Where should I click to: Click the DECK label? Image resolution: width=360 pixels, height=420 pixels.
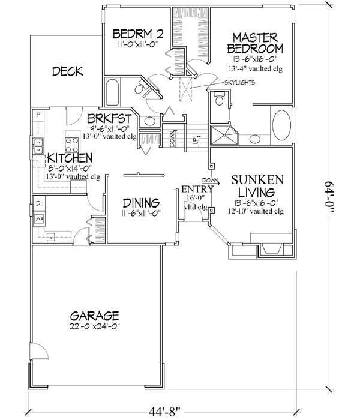67,72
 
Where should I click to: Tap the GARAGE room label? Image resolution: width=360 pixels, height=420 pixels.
94,316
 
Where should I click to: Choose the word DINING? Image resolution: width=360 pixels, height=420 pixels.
140,202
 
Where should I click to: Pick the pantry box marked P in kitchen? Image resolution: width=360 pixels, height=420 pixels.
37,114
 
